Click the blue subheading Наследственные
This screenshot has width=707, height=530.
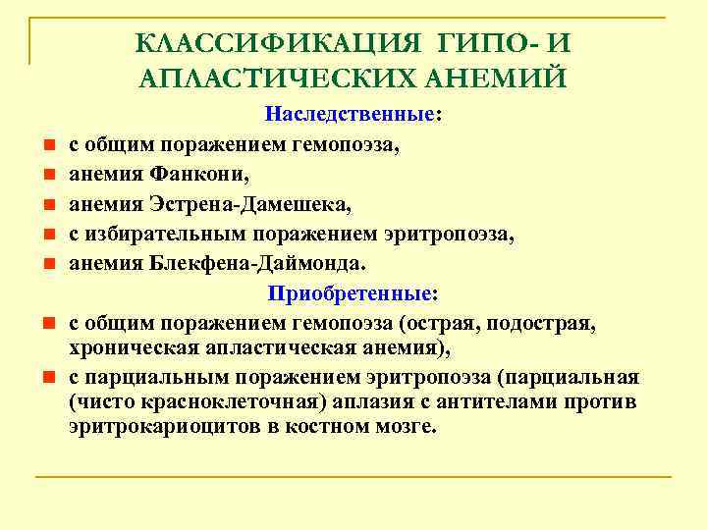coord(351,115)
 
